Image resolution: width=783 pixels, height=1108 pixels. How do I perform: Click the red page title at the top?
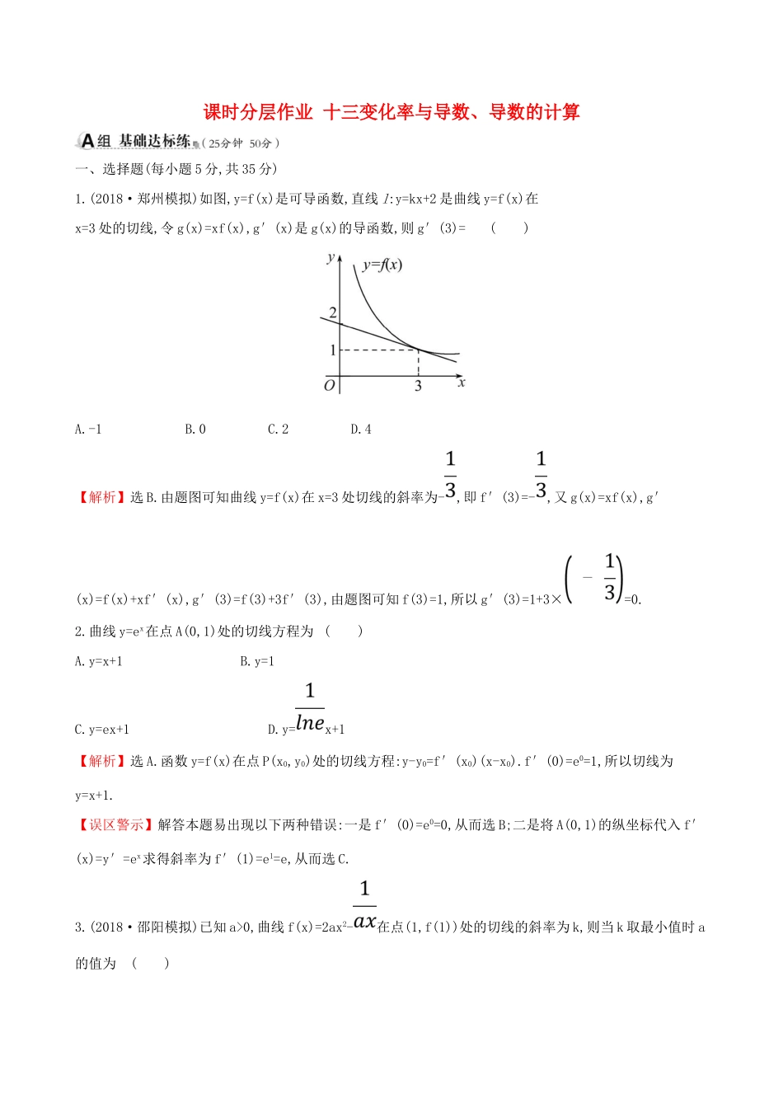391,112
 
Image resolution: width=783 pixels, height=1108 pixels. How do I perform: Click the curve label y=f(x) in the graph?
382,265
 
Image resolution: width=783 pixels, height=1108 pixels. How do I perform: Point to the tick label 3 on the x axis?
418,386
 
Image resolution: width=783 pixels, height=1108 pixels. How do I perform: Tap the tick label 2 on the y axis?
333,312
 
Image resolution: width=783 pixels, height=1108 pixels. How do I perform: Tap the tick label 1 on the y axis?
333,350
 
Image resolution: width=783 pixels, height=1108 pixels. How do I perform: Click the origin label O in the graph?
330,385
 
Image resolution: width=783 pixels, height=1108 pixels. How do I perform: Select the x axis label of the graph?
461,383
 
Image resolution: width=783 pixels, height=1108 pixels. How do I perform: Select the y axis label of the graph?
331,257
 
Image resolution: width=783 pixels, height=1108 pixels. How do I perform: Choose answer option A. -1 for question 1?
88,429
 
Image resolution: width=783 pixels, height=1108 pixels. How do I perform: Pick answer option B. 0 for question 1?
195,429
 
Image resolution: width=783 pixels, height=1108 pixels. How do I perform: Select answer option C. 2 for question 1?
278,429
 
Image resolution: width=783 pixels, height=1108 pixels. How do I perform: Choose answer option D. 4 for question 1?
361,429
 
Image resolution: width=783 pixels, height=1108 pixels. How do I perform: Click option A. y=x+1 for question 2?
99,661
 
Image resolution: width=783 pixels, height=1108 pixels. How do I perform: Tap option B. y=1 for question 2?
257,661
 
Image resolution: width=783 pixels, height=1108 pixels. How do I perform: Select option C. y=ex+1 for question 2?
102,729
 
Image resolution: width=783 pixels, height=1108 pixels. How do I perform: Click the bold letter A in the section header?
87,142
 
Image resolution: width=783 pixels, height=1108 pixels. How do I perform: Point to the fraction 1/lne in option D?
310,708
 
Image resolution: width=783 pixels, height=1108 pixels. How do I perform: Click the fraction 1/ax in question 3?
364,905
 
